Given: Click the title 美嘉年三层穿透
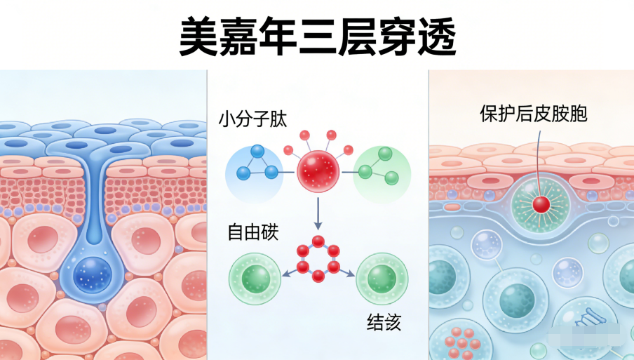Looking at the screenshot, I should point(317,37).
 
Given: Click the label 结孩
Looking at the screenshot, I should point(384,322).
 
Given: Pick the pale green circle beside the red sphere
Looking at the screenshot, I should point(382,171).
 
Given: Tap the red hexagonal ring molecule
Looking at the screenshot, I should point(318,258).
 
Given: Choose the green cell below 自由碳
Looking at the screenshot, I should point(256,278).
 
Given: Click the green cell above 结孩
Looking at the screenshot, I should point(383,278).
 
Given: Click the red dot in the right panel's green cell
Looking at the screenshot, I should point(541,204).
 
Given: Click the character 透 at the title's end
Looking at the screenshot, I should point(436,37).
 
